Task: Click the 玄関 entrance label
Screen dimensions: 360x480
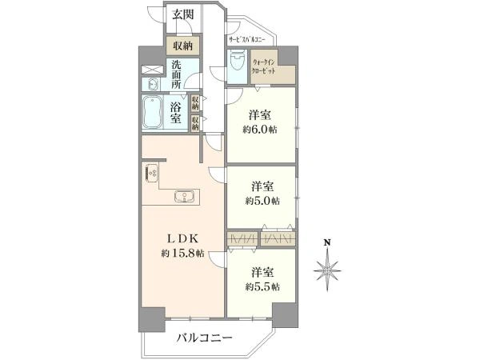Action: point(184,14)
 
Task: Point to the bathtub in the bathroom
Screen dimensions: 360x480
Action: point(152,113)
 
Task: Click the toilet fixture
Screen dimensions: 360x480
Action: point(238,62)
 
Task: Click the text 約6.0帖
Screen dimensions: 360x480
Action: point(262,130)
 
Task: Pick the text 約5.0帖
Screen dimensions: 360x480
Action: point(262,200)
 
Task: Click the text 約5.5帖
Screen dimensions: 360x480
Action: point(262,286)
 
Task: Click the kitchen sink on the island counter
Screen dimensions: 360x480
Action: point(184,196)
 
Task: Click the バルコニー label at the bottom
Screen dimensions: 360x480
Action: point(205,338)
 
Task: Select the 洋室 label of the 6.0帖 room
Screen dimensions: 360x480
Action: point(262,114)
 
